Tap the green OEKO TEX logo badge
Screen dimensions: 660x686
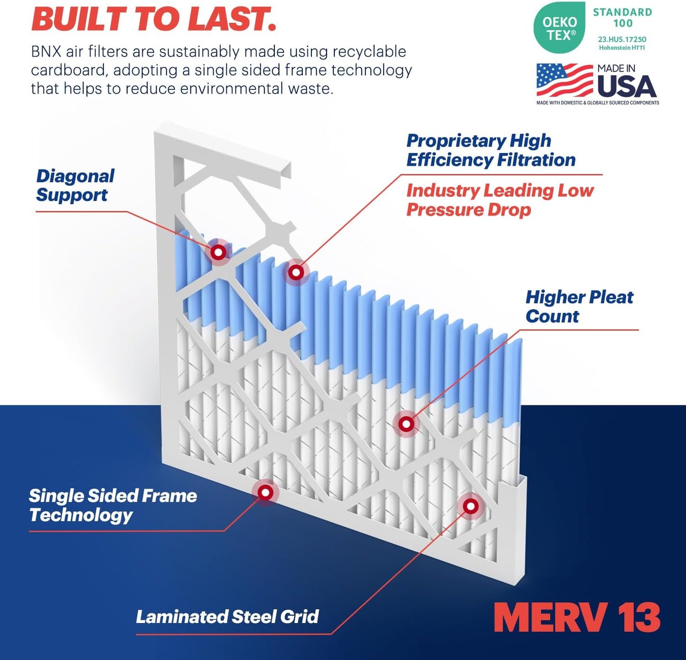[559, 28]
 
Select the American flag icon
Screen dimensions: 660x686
[564, 80]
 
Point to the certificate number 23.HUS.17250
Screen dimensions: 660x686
[622, 39]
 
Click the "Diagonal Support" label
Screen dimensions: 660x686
[75, 185]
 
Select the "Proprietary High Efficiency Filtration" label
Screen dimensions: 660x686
[490, 150]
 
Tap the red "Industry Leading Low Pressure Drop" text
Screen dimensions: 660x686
[499, 200]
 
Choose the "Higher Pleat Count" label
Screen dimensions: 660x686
[579, 306]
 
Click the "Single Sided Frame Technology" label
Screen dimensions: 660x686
[113, 505]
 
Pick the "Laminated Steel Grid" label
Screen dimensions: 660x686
[227, 616]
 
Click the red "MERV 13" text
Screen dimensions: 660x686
[577, 617]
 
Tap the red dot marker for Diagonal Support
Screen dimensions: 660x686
[218, 252]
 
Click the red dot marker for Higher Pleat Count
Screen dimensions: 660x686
[406, 424]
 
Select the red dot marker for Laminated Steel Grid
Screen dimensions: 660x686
[470, 506]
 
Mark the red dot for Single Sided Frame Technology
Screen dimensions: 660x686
[265, 493]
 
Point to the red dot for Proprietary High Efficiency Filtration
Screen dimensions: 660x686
[296, 273]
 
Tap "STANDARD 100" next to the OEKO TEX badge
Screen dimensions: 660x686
[622, 18]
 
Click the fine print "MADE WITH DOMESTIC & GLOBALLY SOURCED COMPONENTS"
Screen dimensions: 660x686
[597, 103]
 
